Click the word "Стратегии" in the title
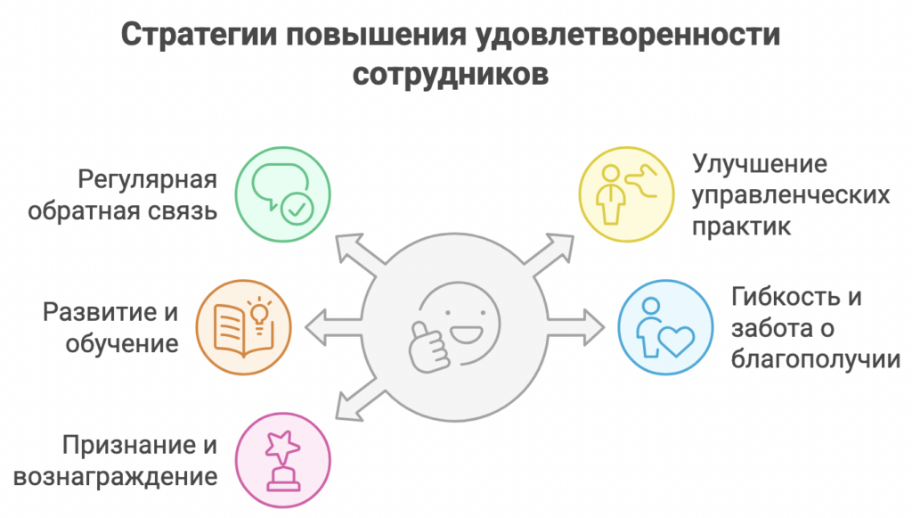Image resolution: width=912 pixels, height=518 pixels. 198,36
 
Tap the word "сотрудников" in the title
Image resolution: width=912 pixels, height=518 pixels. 450,75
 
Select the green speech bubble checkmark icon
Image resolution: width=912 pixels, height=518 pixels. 282,194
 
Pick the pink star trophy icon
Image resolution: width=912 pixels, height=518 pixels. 282,461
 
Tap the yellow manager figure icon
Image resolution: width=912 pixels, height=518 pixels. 626,193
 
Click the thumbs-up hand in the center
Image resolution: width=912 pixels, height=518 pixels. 428,348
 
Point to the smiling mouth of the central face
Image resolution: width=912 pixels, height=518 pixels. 467,336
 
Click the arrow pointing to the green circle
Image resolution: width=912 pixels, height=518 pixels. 361,251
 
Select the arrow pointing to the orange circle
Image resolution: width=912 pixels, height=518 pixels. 334,327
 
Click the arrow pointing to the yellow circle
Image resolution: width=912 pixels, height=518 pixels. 548,251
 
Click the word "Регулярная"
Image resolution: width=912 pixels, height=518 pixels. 147,180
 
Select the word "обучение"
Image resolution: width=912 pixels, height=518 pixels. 121,344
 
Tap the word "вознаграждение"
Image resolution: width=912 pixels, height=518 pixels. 115,477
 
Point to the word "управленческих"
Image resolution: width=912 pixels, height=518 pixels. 791,195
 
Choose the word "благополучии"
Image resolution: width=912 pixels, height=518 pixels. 816,359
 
